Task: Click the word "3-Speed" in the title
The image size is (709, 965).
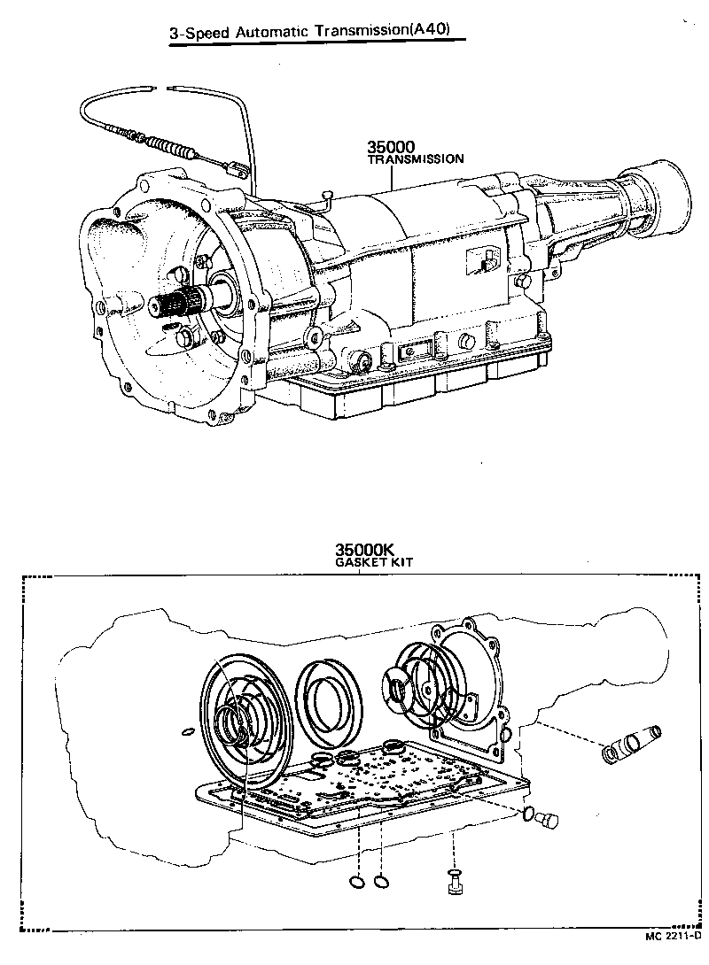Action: click(199, 33)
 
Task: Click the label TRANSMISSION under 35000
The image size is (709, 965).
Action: click(416, 160)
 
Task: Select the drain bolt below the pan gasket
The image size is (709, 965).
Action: click(454, 879)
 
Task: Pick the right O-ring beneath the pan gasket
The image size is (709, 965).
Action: click(381, 881)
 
